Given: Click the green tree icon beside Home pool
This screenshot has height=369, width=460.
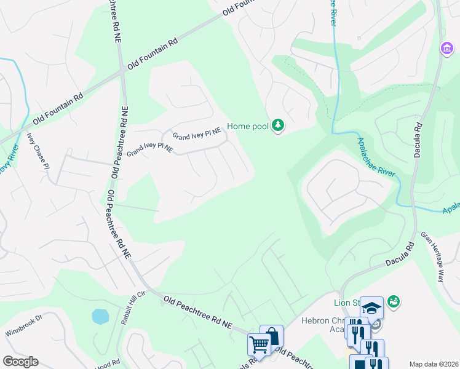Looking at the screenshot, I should click(x=279, y=126).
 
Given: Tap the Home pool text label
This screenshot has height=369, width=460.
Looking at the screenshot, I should click(x=248, y=126).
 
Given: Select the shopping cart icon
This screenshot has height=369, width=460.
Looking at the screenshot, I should click(x=258, y=344).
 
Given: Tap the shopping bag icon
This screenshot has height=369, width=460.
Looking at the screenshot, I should click(x=271, y=336).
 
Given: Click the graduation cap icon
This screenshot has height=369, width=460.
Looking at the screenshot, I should click(x=371, y=307).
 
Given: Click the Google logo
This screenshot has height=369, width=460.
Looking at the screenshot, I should click(x=20, y=362).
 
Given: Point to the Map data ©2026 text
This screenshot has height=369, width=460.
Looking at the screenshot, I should click(x=433, y=364).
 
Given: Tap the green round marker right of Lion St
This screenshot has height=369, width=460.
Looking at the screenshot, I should click(x=394, y=301).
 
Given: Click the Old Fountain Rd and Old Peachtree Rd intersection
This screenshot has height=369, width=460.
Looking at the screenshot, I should click(x=123, y=71).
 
